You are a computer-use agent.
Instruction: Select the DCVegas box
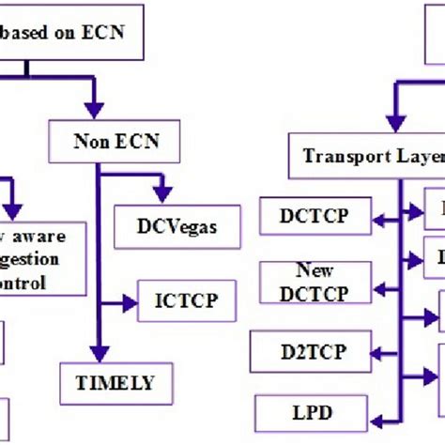point(177,225)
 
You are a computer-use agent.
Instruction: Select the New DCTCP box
point(315,283)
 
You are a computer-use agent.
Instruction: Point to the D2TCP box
point(314,352)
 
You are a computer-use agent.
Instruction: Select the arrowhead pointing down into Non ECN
point(91,109)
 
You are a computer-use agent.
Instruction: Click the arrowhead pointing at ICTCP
point(131,301)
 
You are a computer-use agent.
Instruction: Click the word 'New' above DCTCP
point(315,270)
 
